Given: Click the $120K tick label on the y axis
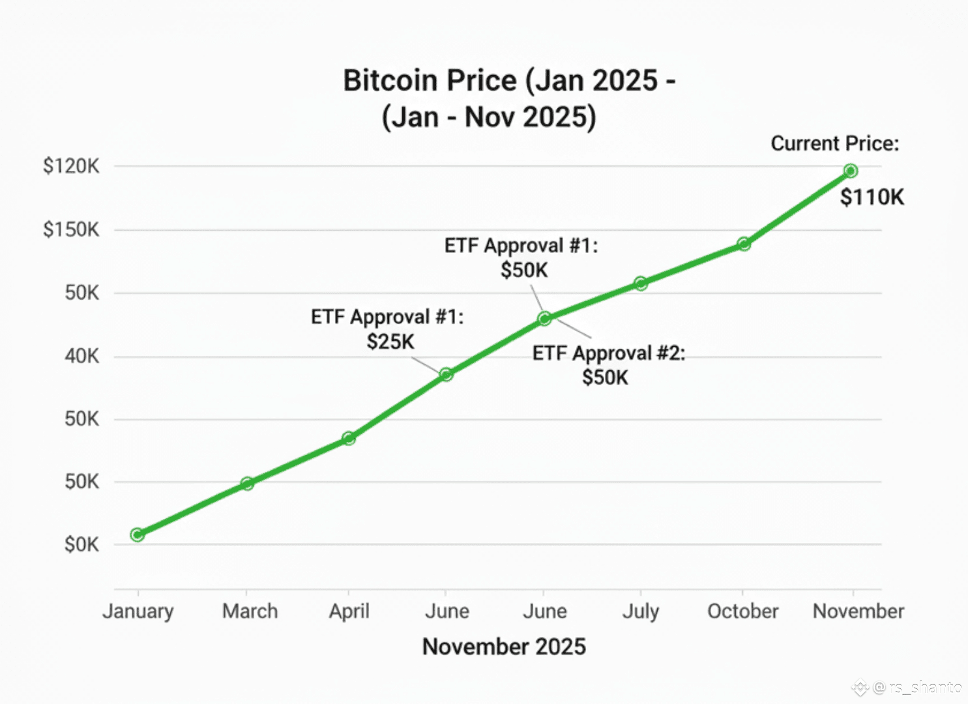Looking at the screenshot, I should tap(71, 166).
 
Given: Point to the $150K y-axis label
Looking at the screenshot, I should tap(71, 229).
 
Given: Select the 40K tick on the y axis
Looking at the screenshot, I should tap(81, 356).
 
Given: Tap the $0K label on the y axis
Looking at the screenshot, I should tap(81, 544).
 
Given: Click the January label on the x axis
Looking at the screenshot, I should tap(138, 611).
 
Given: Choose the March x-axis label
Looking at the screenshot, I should tap(250, 611).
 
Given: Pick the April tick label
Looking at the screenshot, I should tap(349, 611).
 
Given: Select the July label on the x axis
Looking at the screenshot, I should tap(640, 611).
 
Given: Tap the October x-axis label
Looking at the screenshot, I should tap(742, 611).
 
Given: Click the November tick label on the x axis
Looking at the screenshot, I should tap(858, 611).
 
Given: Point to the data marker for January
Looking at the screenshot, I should tap(137, 535).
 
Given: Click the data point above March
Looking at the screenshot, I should tap(247, 484).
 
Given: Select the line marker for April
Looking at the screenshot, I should tap(349, 438).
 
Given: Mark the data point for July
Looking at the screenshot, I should tap(641, 283).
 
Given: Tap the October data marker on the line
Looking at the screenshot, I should tap(744, 244).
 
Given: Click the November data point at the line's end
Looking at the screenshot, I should tap(850, 171).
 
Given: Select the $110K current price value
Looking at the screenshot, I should tap(872, 197).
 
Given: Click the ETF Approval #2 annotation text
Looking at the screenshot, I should tap(608, 353).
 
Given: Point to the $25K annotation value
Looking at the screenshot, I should tap(390, 342).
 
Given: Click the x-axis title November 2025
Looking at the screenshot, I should tap(504, 647).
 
